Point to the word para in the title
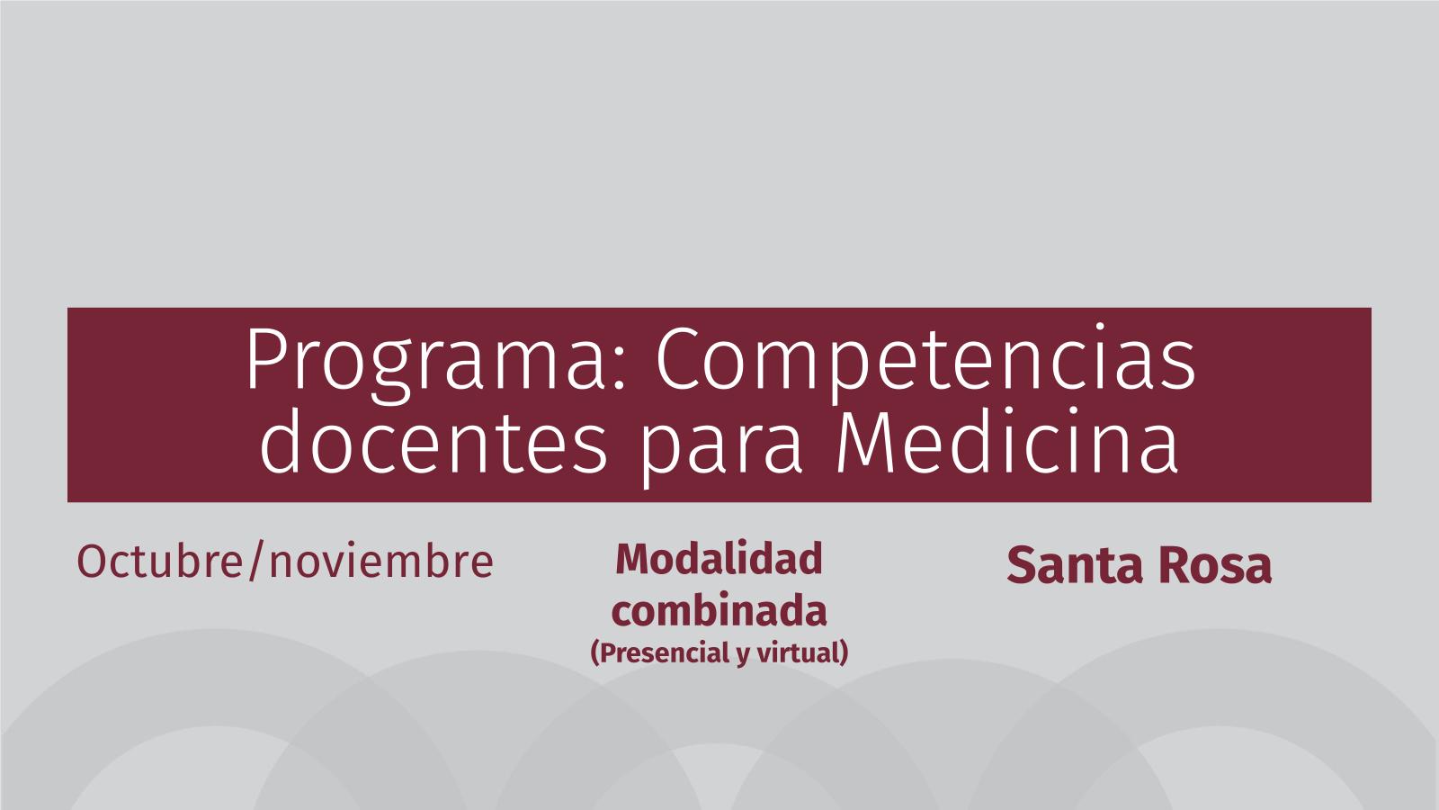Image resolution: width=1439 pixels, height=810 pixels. coord(721,449)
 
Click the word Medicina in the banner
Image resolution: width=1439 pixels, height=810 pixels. coord(1007,442)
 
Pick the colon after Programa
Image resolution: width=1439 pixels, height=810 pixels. coord(619,373)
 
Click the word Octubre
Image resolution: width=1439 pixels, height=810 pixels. coord(160,562)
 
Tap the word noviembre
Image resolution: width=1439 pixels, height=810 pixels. coord(381,562)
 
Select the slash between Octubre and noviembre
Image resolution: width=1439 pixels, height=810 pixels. coord(256,562)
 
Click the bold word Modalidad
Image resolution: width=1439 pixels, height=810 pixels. coord(719,559)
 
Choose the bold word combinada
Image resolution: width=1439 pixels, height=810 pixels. coord(719,610)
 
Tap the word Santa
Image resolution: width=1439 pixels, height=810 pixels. coord(1076,566)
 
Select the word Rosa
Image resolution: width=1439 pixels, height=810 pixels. coord(1215,566)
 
